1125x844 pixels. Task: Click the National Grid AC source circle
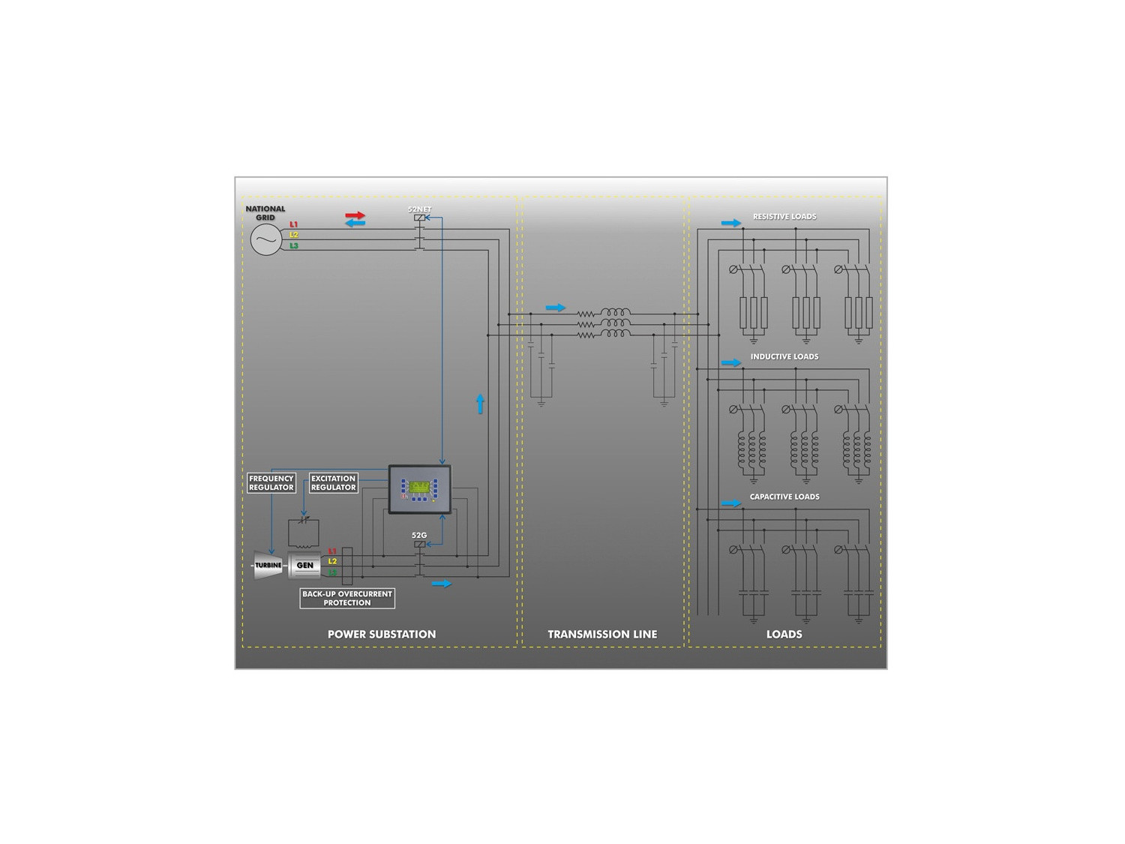point(266,239)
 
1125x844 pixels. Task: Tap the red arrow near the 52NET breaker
point(355,215)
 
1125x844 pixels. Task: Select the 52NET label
point(419,209)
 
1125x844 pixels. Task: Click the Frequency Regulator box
point(271,482)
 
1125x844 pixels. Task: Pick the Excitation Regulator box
point(333,482)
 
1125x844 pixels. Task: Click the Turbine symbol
point(268,565)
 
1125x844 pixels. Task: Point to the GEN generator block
point(305,565)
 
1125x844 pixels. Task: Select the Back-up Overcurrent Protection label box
point(347,598)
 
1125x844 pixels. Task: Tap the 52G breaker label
point(419,535)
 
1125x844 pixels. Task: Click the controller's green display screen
point(419,486)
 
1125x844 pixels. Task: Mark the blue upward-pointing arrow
point(480,404)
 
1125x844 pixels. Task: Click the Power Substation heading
point(382,634)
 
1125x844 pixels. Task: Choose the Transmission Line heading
point(602,634)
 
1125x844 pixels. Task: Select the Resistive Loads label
point(784,216)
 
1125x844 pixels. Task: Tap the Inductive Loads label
point(784,356)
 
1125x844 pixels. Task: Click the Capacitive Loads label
point(784,497)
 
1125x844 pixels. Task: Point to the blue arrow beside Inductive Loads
point(731,363)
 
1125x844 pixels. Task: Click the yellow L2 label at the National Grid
point(294,235)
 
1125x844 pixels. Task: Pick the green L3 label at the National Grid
point(294,245)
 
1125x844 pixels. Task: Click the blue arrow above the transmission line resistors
point(556,308)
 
